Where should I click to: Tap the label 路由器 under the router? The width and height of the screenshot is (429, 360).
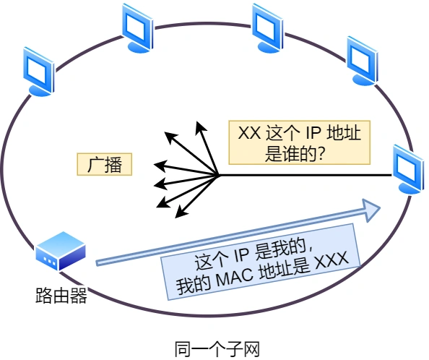coord(61,296)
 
